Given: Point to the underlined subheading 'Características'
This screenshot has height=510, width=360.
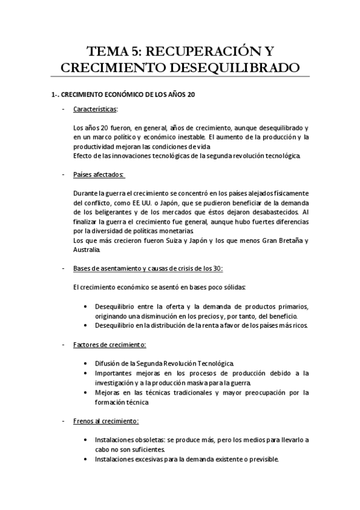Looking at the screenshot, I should pyautogui.click(x=95, y=109).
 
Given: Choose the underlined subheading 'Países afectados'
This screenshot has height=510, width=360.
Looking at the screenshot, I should pyautogui.click(x=98, y=174).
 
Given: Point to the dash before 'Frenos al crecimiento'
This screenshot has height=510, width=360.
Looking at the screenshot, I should pyautogui.click(x=64, y=420).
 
